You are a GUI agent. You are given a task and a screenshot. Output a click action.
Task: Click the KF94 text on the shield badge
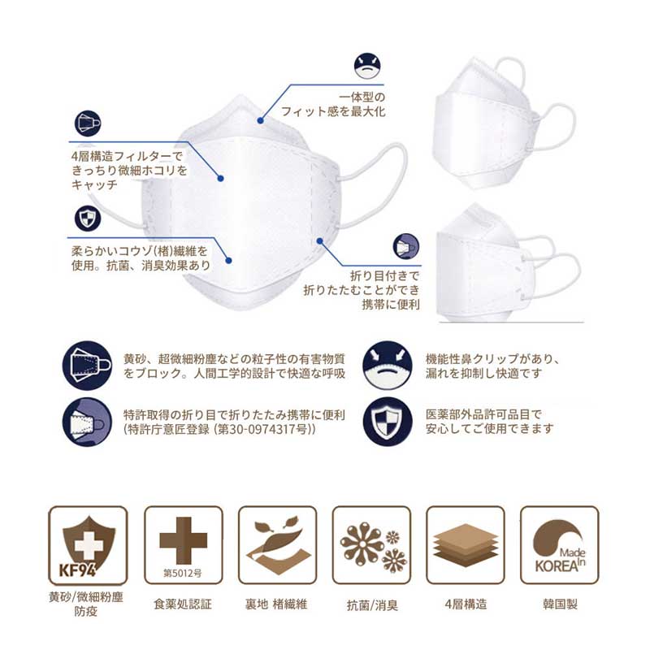[x=77, y=570]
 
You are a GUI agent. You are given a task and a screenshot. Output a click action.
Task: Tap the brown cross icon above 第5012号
[x=184, y=540]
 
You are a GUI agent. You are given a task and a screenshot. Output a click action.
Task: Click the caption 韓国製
[x=560, y=604]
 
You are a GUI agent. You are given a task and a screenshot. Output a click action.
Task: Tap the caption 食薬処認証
[x=182, y=604]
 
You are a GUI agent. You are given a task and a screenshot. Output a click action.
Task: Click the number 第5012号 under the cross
[x=182, y=574]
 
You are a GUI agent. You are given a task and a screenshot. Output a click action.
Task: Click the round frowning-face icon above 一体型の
[x=367, y=66]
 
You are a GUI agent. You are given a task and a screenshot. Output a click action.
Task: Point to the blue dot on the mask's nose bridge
[x=260, y=120]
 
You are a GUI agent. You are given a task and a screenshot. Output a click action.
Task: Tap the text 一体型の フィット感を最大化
[x=333, y=105]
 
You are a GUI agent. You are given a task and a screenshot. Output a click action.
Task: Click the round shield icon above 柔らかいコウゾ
[x=88, y=219]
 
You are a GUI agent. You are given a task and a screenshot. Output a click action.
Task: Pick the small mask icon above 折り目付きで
[x=405, y=247]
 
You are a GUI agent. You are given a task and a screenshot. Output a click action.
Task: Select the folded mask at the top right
[x=504, y=123]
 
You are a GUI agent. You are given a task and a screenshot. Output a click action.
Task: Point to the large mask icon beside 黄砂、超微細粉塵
[x=87, y=366]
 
